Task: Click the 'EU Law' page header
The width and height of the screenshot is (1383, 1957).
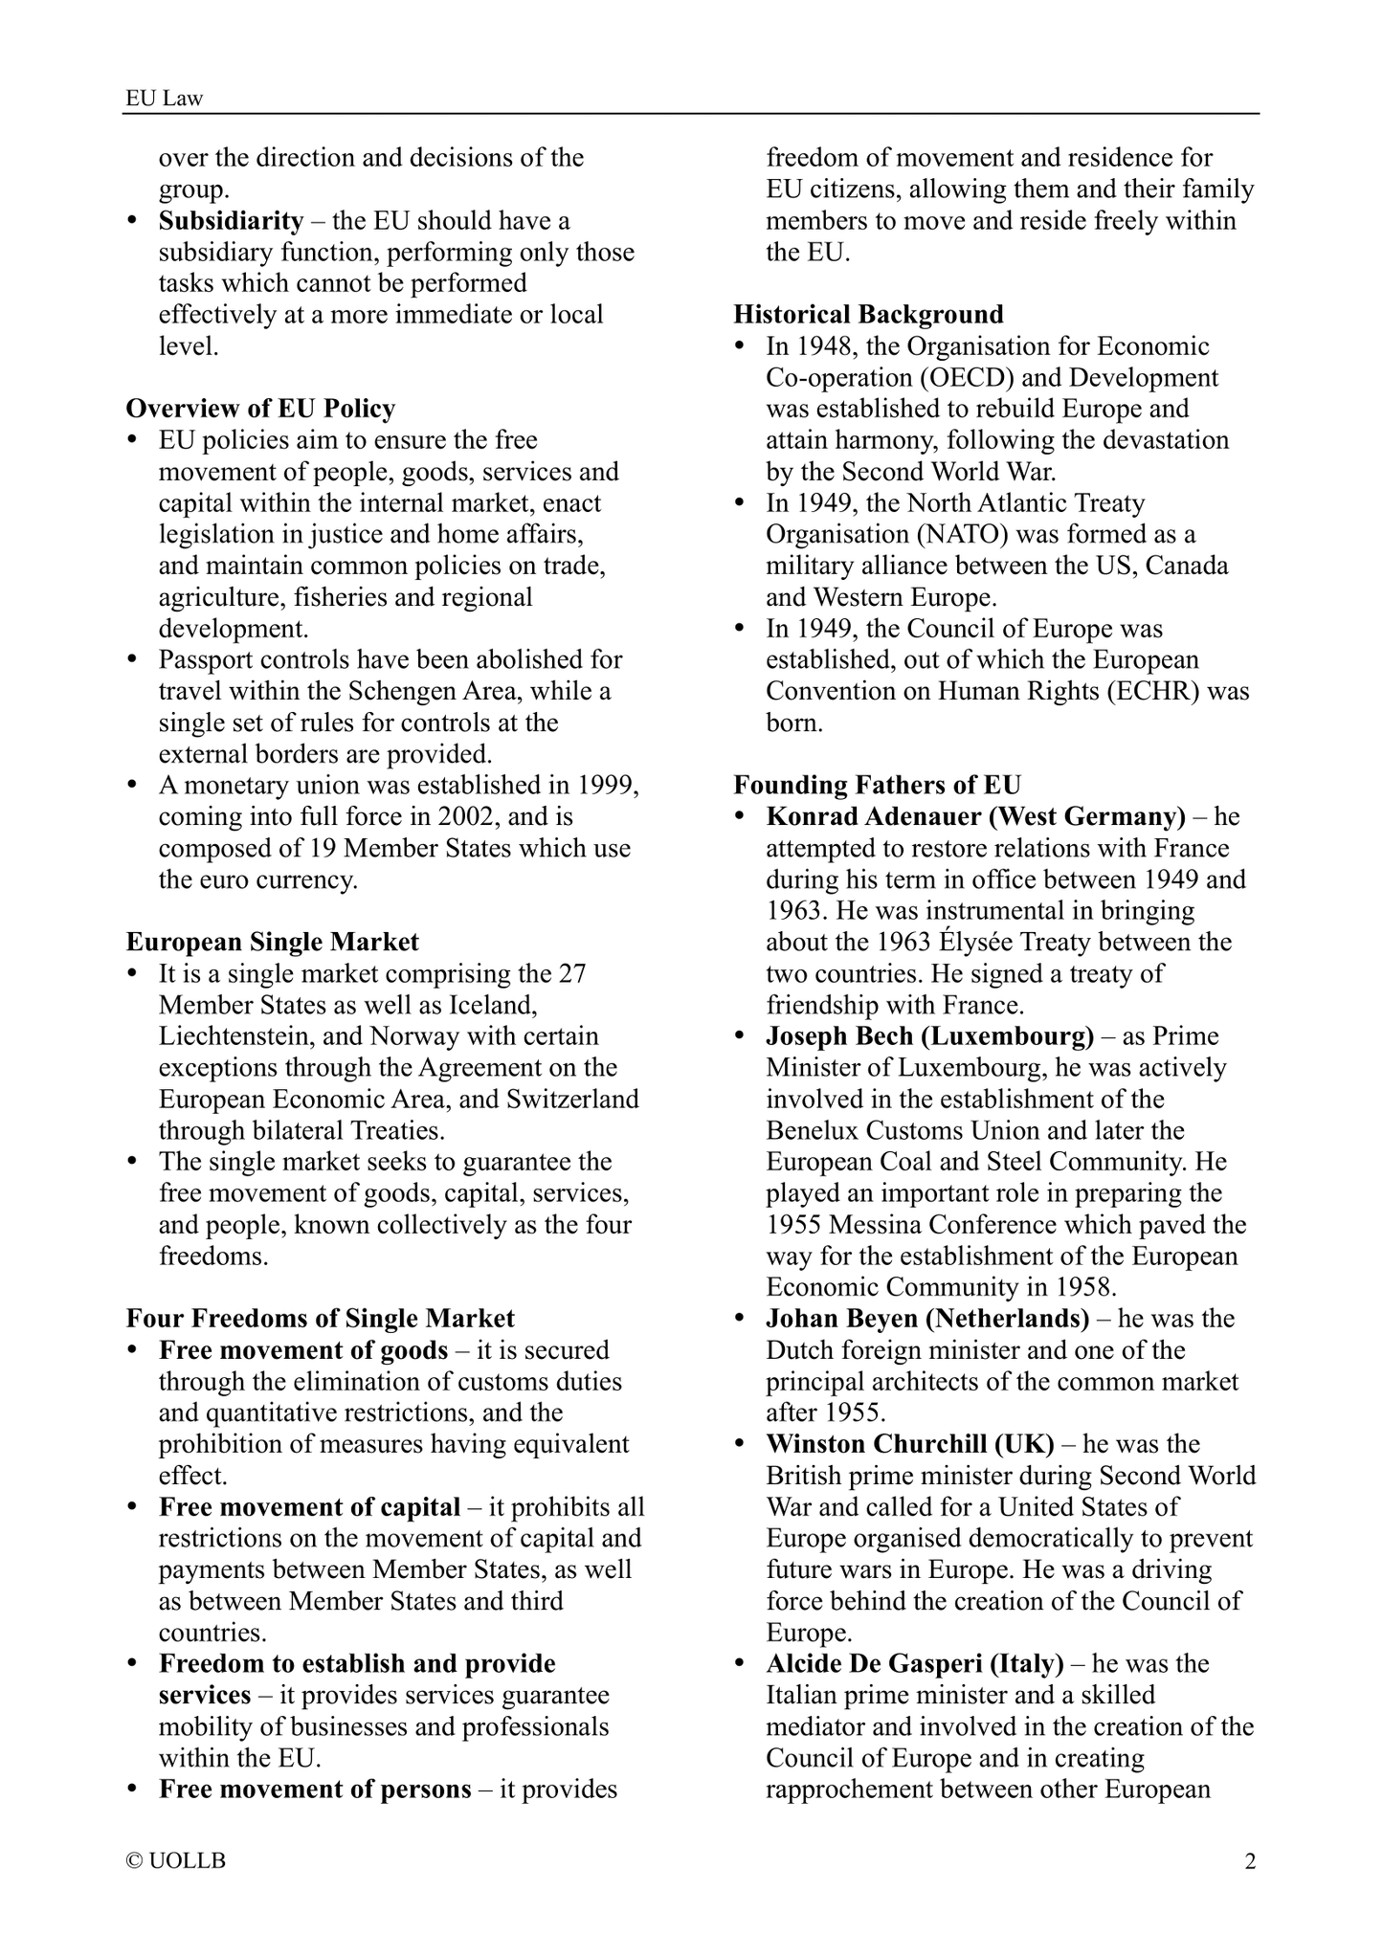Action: pyautogui.click(x=165, y=98)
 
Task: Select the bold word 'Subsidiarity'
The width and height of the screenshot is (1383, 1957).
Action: pyautogui.click(x=231, y=221)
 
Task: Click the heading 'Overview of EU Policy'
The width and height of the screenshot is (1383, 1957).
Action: pyautogui.click(x=260, y=409)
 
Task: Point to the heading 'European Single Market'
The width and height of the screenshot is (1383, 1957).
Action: pyautogui.click(x=272, y=942)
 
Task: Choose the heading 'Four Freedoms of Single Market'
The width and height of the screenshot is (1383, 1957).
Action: pyautogui.click(x=320, y=1319)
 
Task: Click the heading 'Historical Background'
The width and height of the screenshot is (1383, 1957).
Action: pyautogui.click(x=868, y=314)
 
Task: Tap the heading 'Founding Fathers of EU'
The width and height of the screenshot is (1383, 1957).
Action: pyautogui.click(x=877, y=785)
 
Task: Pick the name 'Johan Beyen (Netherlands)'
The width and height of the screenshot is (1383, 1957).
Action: pyautogui.click(x=927, y=1319)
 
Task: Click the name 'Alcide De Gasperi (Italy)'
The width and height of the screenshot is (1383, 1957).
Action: pyautogui.click(x=915, y=1664)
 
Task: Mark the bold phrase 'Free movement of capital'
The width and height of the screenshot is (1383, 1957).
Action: pyautogui.click(x=309, y=1507)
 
